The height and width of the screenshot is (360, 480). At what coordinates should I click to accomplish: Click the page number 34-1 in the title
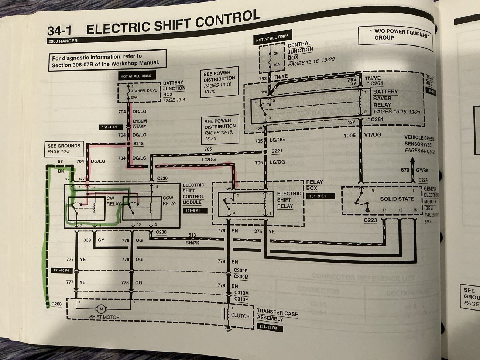[63, 31]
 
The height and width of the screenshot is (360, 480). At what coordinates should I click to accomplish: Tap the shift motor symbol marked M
[100, 309]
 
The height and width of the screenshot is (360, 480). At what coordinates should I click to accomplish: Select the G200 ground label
[57, 304]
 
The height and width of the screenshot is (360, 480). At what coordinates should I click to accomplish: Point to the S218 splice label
[139, 144]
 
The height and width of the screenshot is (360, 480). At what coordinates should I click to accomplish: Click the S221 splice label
[276, 151]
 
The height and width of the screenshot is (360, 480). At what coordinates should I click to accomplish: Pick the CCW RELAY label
[169, 201]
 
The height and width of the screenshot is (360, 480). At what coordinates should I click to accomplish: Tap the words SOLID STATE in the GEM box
[397, 199]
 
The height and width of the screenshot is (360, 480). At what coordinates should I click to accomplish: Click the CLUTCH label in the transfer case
[240, 316]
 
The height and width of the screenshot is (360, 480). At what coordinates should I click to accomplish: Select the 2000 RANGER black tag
[63, 41]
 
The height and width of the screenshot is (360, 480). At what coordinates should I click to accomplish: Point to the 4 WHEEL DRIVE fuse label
[144, 90]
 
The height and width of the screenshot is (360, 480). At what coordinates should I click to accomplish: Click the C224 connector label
[424, 180]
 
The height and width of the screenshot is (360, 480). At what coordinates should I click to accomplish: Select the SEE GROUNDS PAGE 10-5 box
[64, 148]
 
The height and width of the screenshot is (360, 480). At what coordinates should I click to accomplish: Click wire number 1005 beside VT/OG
[349, 135]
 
